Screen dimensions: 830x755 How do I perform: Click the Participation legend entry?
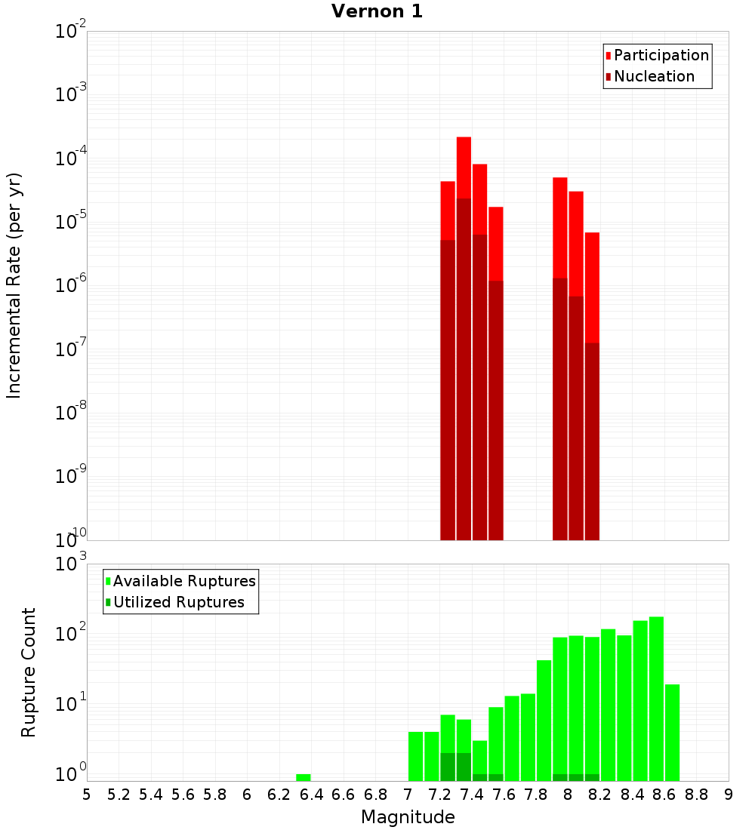[661, 55]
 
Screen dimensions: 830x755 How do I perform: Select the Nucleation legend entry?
[653, 76]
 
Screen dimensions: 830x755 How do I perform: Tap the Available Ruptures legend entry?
[183, 581]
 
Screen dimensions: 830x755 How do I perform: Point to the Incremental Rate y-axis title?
[14, 285]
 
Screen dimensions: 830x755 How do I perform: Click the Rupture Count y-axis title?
[29, 672]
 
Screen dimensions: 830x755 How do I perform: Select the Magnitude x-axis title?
[408, 817]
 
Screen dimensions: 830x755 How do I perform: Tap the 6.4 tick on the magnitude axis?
[311, 795]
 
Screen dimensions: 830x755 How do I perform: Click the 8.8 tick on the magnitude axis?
[696, 795]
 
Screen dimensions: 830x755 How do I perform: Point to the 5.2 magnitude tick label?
[119, 795]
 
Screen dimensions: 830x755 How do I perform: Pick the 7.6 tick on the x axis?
[504, 795]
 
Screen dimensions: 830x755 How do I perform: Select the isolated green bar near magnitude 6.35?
[303, 777]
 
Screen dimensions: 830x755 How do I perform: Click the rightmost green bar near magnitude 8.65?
[672, 732]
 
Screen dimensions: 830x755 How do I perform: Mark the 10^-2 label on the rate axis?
[70, 32]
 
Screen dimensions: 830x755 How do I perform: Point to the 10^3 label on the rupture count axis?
[70, 564]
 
